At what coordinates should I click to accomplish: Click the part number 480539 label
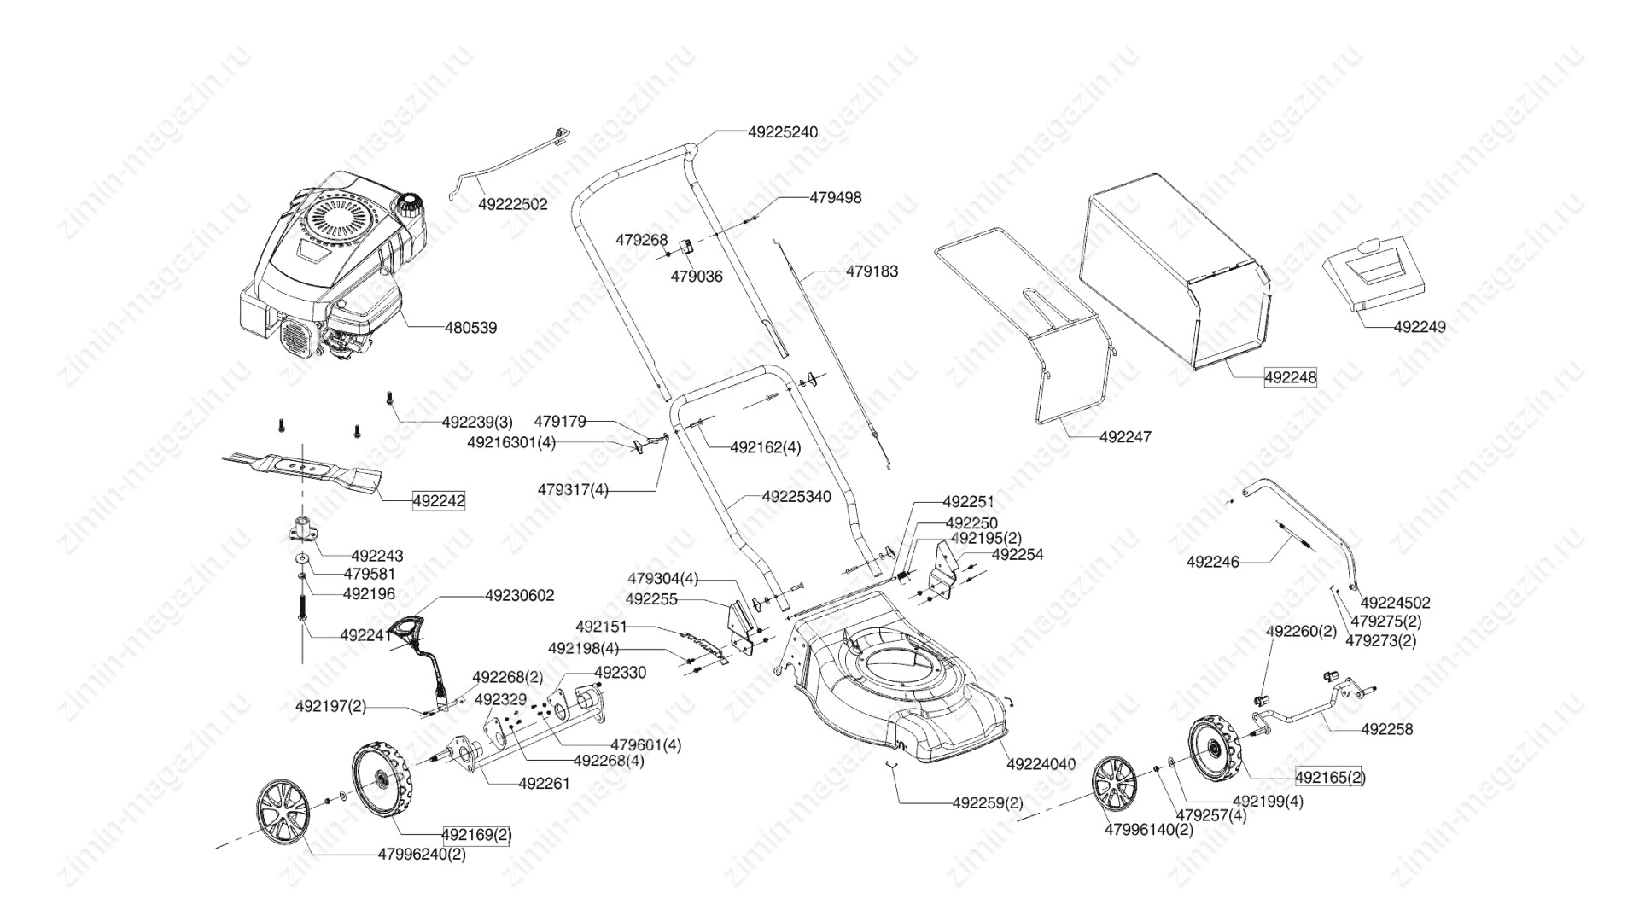470,328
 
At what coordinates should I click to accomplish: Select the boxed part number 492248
1290,377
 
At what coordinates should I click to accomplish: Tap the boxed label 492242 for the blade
439,501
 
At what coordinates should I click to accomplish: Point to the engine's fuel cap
408,204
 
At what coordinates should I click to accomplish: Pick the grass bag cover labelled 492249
1374,281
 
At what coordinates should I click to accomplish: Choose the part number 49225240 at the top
782,132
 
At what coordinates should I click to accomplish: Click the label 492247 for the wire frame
1125,437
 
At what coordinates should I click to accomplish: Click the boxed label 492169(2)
476,834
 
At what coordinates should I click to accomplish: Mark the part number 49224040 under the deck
1041,764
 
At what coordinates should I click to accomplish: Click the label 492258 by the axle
1386,729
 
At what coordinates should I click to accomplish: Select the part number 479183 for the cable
872,271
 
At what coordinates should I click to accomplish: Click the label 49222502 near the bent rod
512,205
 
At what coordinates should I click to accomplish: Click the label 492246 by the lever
1212,562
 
